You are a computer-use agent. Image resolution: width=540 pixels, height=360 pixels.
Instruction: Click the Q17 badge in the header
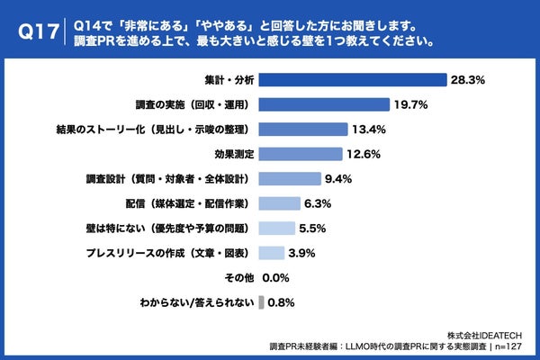(x=38, y=31)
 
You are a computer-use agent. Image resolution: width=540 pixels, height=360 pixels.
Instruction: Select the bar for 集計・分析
(x=353, y=80)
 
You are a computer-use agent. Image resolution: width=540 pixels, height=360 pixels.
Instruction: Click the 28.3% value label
(x=468, y=80)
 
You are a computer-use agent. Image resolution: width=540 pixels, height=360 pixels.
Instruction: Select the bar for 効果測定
(x=301, y=153)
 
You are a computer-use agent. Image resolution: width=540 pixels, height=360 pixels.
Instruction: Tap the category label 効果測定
(x=232, y=153)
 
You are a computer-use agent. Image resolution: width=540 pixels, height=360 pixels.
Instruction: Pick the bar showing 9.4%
(x=290, y=178)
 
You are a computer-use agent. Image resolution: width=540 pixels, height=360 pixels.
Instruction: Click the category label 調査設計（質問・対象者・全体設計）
(x=167, y=178)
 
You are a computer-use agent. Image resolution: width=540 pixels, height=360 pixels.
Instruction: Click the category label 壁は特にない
(x=166, y=228)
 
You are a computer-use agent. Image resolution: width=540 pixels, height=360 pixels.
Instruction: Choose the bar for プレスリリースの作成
(x=272, y=252)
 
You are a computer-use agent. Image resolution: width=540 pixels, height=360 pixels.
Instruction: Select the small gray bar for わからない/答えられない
(x=261, y=302)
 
